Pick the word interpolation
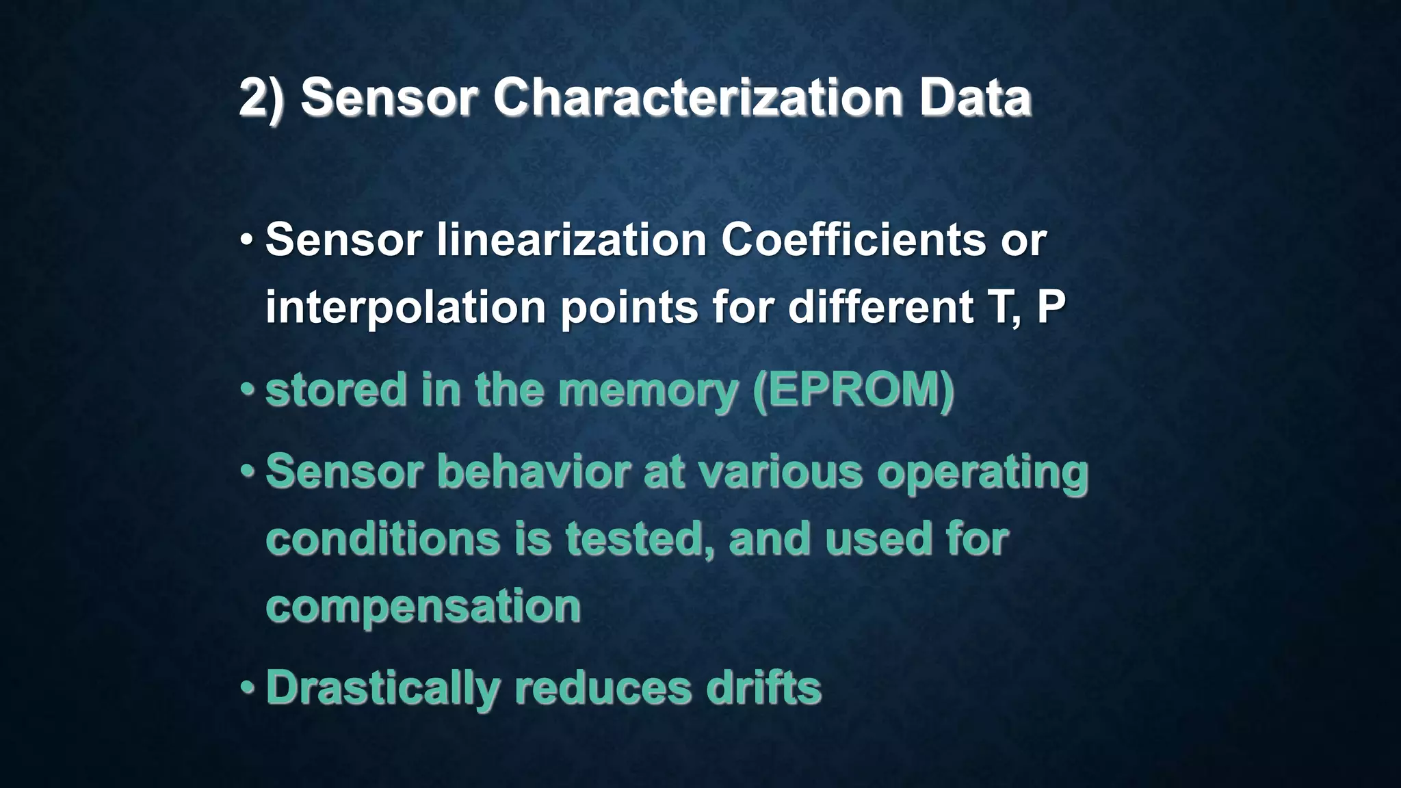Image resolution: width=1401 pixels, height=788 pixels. click(405, 308)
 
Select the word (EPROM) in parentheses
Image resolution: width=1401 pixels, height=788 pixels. click(852, 390)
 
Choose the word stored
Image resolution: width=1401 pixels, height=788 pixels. click(336, 389)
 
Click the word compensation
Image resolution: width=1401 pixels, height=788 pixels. click(423, 606)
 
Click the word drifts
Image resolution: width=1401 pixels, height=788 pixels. click(763, 687)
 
